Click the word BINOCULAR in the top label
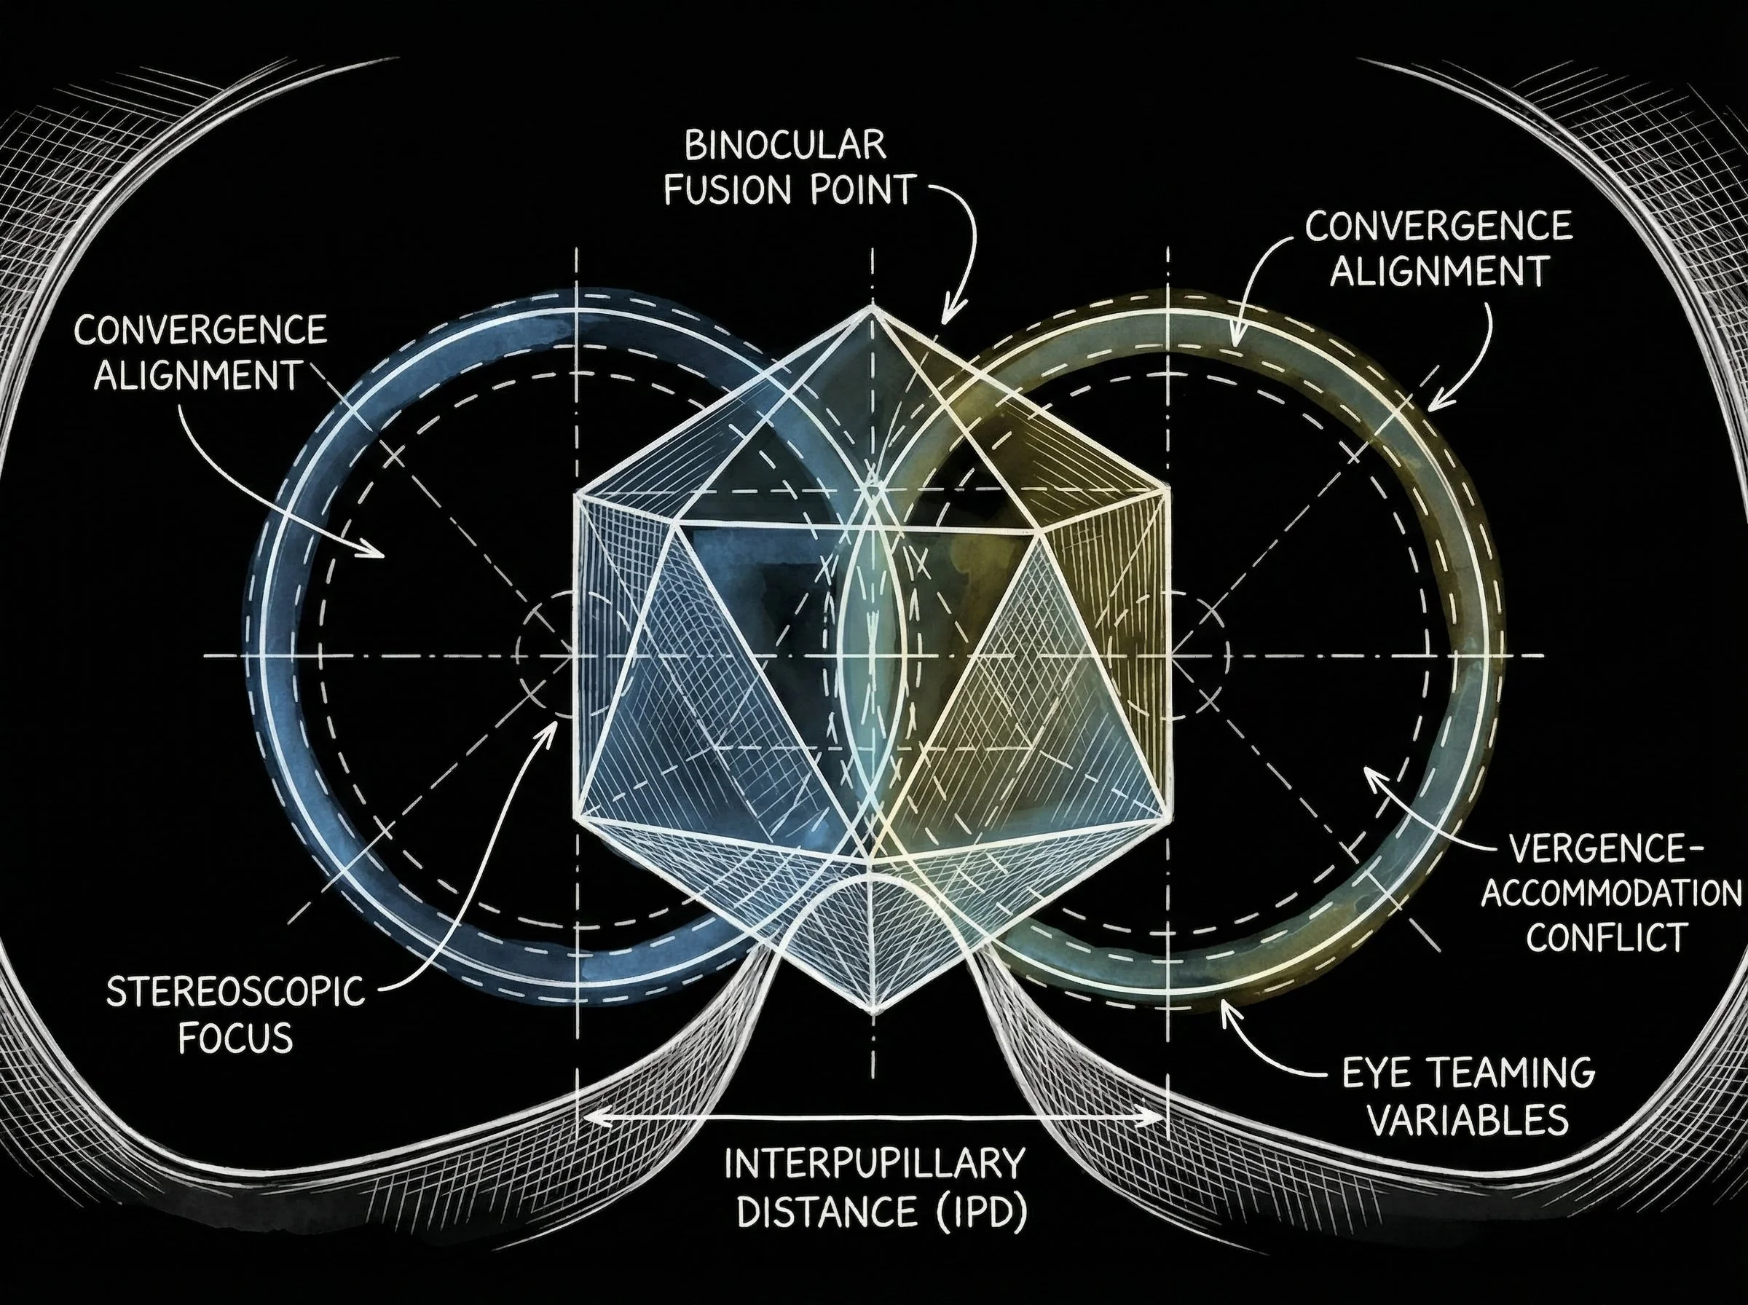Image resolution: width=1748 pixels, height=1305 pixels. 784,147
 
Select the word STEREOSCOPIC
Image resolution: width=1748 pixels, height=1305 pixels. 235,992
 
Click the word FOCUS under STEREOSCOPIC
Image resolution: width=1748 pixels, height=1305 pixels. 235,1037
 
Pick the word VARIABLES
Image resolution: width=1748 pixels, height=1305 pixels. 1468,1120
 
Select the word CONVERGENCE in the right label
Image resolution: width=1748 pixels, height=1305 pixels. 1438,226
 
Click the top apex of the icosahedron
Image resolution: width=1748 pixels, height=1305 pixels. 872,307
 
